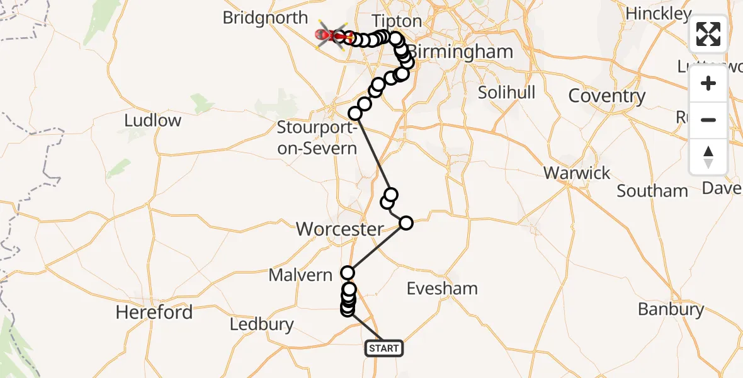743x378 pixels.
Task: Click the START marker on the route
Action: point(383,348)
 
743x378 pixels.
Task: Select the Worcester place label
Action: point(339,229)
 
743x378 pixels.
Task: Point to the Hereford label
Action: point(154,312)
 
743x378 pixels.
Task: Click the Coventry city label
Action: point(606,96)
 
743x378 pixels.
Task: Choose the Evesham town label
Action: point(442,289)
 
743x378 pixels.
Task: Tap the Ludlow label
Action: point(153,120)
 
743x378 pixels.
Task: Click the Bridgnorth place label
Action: point(265,18)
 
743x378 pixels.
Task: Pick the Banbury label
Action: point(671,309)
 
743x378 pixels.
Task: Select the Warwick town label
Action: point(577,173)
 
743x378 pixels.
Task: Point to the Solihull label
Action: point(506,92)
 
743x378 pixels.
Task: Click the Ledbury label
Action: point(261,324)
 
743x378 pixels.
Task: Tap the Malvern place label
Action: point(300,275)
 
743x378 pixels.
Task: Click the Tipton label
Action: point(397,21)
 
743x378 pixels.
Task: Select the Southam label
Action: point(652,191)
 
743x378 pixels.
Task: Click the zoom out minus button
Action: point(708,120)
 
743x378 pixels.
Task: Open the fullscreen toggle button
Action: point(708,34)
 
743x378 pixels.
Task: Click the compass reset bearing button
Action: point(708,156)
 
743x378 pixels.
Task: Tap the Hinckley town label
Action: point(659,13)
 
